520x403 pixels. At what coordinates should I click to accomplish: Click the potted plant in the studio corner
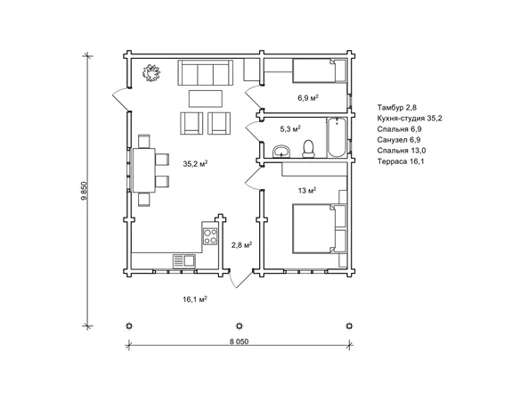[x=151, y=73]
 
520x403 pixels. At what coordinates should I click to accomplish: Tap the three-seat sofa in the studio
[x=206, y=73]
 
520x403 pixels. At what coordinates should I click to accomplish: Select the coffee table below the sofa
[x=206, y=99]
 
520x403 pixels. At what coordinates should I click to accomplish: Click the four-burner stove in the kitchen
[x=210, y=236]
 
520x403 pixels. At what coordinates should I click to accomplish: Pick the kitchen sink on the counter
[x=183, y=261]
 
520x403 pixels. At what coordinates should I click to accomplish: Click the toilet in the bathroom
[x=308, y=148]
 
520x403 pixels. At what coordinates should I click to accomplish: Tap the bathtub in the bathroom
[x=337, y=138]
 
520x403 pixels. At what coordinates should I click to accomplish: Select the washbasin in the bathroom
[x=281, y=151]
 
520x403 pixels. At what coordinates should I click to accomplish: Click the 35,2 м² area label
[x=195, y=163]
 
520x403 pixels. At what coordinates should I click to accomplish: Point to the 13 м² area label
[x=307, y=190]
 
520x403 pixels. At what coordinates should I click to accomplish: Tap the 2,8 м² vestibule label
[x=241, y=245]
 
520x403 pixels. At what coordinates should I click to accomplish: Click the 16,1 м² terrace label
[x=195, y=300]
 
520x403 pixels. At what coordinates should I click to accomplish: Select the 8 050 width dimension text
[x=239, y=341]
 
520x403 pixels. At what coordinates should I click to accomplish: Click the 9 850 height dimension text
[x=84, y=191]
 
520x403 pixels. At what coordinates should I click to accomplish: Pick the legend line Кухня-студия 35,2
[x=410, y=119]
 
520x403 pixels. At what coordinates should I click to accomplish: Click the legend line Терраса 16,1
[x=401, y=161]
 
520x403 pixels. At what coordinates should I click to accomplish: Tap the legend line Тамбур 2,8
[x=396, y=108]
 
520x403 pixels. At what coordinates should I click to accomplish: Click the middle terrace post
[x=240, y=326]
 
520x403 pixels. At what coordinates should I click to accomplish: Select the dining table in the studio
[x=144, y=170]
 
